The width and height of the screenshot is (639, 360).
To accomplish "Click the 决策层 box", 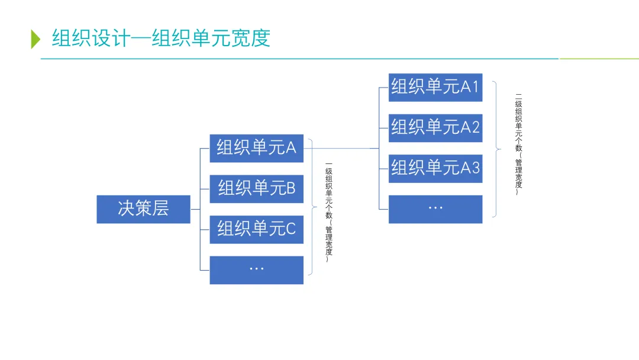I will (x=143, y=209).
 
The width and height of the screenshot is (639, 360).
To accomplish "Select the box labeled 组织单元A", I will (x=256, y=148).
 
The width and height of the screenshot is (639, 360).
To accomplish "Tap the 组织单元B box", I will (x=256, y=188).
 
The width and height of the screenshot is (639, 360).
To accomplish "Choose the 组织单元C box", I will (x=256, y=229).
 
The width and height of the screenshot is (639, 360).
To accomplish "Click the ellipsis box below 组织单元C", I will (x=256, y=269).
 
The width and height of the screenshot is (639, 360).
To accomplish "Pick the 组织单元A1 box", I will (x=435, y=87).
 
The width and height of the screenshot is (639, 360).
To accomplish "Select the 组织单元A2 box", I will (x=435, y=127).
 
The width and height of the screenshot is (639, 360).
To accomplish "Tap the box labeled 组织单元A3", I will (x=435, y=168).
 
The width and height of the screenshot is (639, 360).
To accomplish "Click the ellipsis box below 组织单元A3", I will (x=435, y=209).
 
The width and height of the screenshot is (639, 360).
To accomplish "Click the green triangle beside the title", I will (x=35, y=38).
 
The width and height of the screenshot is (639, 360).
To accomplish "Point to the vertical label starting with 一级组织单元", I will (x=329, y=211).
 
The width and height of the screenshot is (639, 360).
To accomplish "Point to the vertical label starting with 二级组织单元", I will (x=518, y=144).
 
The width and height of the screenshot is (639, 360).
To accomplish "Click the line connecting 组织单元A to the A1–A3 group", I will (x=340, y=148).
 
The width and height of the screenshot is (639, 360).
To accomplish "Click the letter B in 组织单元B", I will (x=291, y=188).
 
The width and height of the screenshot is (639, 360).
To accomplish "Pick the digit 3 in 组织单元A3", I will (x=475, y=168).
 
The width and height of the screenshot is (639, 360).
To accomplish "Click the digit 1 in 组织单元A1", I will (x=475, y=87).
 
